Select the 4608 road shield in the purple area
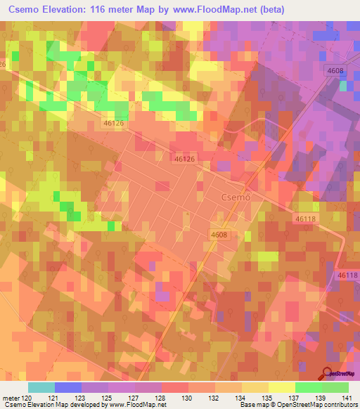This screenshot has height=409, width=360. [334, 71]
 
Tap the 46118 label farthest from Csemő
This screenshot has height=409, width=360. [347, 275]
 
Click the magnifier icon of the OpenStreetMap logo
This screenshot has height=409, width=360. [327, 372]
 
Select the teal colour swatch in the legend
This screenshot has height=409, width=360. [41, 387]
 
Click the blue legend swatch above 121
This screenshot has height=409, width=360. [67, 387]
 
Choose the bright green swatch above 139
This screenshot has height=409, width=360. [309, 387]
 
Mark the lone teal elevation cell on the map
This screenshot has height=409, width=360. [343, 86]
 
